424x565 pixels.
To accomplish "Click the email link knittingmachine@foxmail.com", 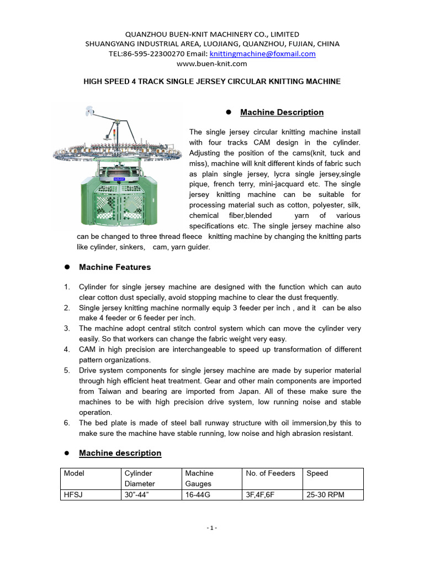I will point(262,54).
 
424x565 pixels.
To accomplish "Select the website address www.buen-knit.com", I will point(212,63).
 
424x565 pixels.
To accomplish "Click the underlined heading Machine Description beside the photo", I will point(282,113).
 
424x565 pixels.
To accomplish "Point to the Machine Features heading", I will point(115,267).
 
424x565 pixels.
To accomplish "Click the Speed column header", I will point(317,473).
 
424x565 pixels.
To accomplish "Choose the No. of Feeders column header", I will point(271,473).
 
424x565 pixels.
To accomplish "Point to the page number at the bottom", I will point(212,528).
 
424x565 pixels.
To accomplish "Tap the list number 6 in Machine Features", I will point(66,423).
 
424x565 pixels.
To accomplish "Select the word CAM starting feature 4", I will point(88,349).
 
